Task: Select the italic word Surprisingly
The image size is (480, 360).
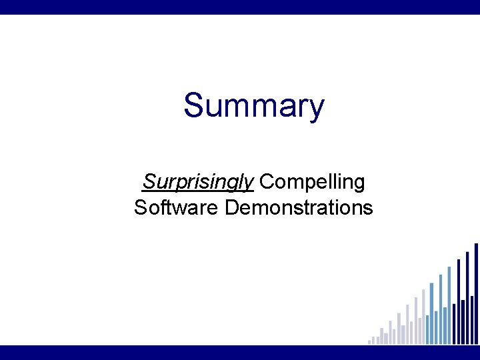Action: point(198,181)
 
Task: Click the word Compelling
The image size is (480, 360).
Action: point(312,181)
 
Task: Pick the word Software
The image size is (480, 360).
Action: point(176,207)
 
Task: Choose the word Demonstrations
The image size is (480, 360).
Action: point(299,207)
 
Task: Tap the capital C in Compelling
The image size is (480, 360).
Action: point(267,181)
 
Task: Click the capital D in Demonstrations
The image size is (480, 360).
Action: point(232,207)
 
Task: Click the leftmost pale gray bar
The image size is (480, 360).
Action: point(369,342)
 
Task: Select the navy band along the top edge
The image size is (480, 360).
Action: point(240,7)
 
